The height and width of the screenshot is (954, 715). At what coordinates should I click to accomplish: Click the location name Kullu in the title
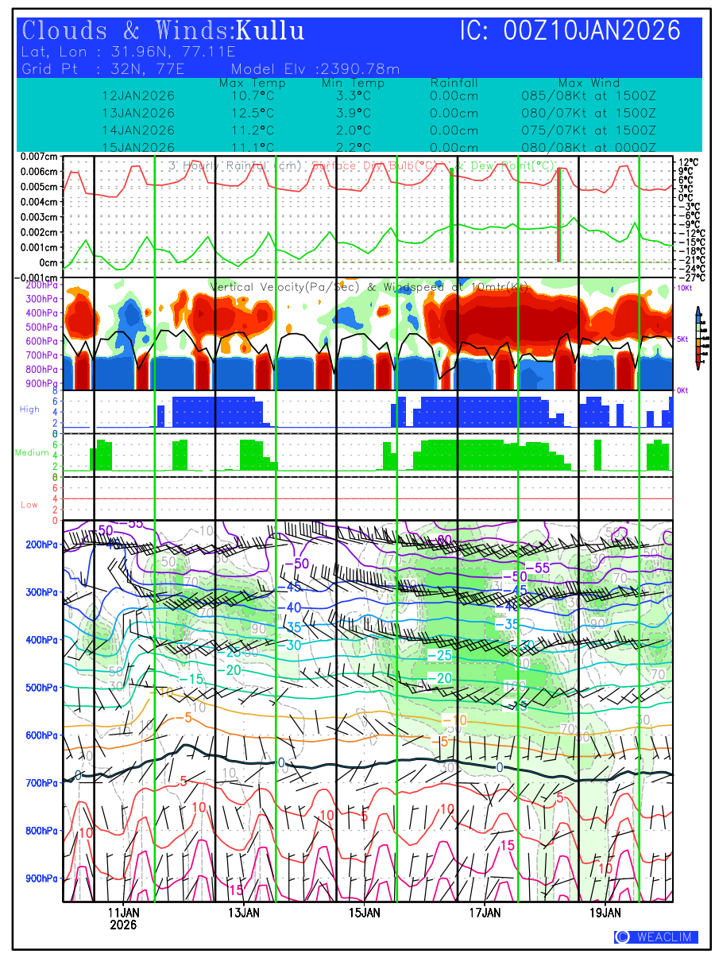[x=270, y=31]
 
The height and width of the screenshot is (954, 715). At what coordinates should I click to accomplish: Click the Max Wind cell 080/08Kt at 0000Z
[x=589, y=147]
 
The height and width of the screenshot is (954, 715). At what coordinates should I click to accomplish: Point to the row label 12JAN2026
[x=139, y=95]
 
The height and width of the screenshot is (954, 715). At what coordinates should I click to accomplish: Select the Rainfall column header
[x=454, y=83]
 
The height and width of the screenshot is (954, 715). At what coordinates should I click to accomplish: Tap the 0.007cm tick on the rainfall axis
[x=39, y=157]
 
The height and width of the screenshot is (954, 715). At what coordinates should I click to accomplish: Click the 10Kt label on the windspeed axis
[x=684, y=288]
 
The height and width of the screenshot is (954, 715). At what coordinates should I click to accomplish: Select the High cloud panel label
[x=29, y=409]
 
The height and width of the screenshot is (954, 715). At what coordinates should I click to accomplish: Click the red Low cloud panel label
[x=29, y=505]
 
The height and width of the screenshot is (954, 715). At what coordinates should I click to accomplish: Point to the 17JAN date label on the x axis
[x=485, y=912]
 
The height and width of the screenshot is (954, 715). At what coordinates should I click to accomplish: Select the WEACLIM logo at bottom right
[x=656, y=937]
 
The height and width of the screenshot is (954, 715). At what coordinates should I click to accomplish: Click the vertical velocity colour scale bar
[x=698, y=338]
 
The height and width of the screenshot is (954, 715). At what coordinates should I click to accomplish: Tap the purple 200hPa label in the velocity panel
[x=40, y=285]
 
